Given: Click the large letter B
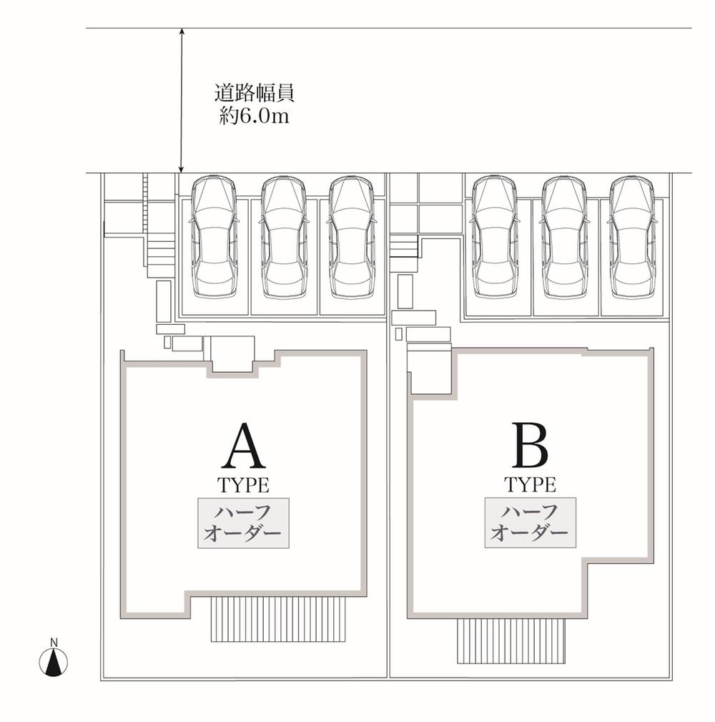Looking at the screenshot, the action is pyautogui.click(x=530, y=444).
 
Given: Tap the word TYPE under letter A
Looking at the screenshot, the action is pyautogui.click(x=243, y=485).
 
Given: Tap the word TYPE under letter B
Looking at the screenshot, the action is pyautogui.click(x=530, y=484).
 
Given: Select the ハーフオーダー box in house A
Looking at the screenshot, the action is pyautogui.click(x=243, y=523).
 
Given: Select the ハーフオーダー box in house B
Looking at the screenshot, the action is pyautogui.click(x=530, y=522).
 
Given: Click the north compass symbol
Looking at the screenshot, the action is pyautogui.click(x=54, y=662).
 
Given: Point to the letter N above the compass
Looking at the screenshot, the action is pyautogui.click(x=54, y=642).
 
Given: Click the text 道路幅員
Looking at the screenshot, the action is pyautogui.click(x=255, y=93).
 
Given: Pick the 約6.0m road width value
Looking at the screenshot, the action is pyautogui.click(x=255, y=115).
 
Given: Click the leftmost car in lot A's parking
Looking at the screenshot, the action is pyautogui.click(x=214, y=237).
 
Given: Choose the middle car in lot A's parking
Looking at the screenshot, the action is pyautogui.click(x=284, y=237).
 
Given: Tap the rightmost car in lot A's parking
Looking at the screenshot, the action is pyautogui.click(x=352, y=237).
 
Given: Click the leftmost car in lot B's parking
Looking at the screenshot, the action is pyautogui.click(x=495, y=237).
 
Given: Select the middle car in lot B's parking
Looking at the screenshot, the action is pyautogui.click(x=564, y=237).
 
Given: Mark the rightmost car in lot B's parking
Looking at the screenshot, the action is pyautogui.click(x=632, y=237).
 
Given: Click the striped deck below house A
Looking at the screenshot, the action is pyautogui.click(x=278, y=620).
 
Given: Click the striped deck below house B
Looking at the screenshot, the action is pyautogui.click(x=511, y=640).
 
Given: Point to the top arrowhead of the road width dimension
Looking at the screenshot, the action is pyautogui.click(x=182, y=32).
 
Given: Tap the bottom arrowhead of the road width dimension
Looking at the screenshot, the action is pyautogui.click(x=182, y=169).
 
